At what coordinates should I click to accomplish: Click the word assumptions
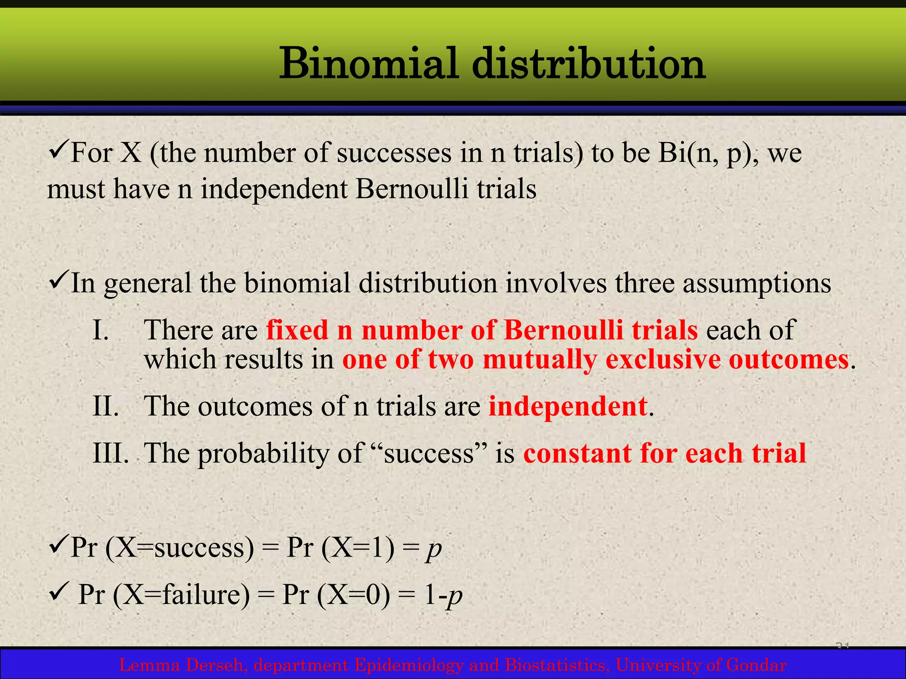pos(756,284)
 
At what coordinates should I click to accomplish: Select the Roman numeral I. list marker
pos(101,330)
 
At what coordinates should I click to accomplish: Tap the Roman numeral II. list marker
pos(105,406)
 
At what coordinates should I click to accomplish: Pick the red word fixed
pos(297,330)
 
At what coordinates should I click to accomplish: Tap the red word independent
pos(568,406)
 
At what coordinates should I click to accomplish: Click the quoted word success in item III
pos(429,453)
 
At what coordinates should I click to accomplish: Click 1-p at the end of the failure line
pos(443,595)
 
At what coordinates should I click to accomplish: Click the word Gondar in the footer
pos(756,665)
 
